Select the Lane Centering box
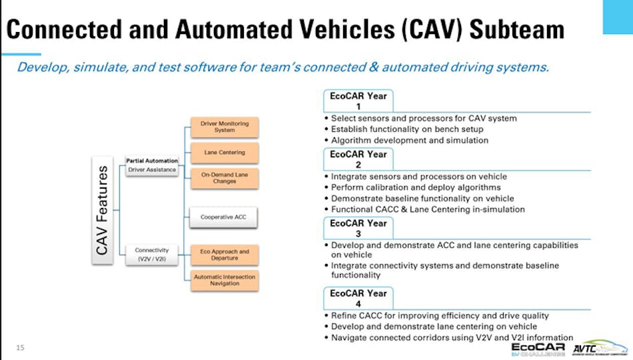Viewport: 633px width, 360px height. pyautogui.click(x=225, y=153)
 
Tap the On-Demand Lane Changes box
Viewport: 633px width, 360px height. pyautogui.click(x=225, y=177)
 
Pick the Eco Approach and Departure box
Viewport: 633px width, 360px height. pyautogui.click(x=225, y=255)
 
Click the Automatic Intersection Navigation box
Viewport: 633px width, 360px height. pyautogui.click(x=225, y=279)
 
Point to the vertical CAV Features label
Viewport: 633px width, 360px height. pyautogui.click(x=103, y=210)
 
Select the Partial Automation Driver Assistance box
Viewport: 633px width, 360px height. pyautogui.click(x=152, y=165)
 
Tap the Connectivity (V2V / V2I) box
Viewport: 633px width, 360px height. pyautogui.click(x=152, y=254)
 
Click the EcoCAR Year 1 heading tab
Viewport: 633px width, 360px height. pyautogui.click(x=358, y=101)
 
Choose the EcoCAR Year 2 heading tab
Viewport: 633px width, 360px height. pyautogui.click(x=358, y=159)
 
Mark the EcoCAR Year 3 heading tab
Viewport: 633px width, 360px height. pyautogui.click(x=358, y=228)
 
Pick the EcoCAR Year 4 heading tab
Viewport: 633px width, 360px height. pyautogui.click(x=358, y=298)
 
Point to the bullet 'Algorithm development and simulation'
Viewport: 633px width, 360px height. pyautogui.click(x=410, y=140)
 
